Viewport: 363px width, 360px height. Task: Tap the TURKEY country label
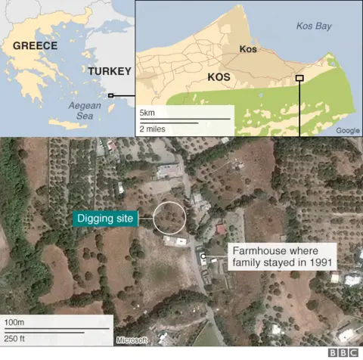110,71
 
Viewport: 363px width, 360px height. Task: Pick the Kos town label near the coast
249,51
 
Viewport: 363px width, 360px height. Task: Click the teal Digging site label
106,219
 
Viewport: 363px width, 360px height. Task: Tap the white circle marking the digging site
169,217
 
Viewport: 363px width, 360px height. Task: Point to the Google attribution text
348,131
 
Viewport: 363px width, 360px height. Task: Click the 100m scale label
14,323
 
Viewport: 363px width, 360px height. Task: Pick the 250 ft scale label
16,338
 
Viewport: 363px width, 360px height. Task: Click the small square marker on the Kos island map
299,78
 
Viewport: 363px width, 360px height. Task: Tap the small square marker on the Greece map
111,95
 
